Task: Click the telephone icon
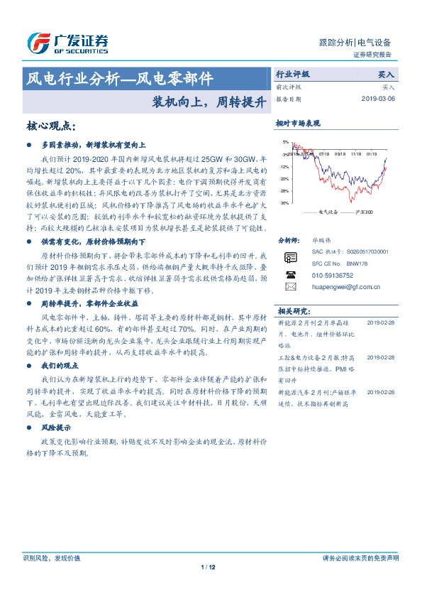point(290,274)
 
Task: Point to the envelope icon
point(290,287)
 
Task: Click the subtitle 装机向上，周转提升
point(209,101)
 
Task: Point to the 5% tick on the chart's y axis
point(285,142)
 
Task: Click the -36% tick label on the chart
point(284,203)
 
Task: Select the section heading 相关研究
point(293,311)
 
